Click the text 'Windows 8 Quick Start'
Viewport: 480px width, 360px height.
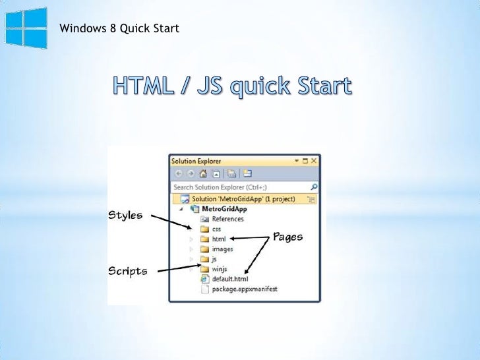(x=119, y=28)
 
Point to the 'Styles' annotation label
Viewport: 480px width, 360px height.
(x=125, y=216)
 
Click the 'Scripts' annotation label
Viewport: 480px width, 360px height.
(x=128, y=270)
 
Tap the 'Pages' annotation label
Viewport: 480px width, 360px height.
(x=287, y=236)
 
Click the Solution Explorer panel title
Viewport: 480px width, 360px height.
(x=196, y=160)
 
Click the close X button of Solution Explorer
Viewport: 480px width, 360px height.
(x=314, y=160)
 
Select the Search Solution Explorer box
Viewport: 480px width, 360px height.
(x=237, y=187)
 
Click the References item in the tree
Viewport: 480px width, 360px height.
(x=227, y=219)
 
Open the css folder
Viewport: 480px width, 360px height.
(x=216, y=229)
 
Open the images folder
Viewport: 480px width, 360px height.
(x=222, y=249)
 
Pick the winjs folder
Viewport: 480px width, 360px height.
(x=220, y=269)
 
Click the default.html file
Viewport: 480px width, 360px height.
(x=229, y=279)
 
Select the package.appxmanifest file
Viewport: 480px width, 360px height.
(x=245, y=289)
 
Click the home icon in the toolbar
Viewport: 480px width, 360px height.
(x=202, y=174)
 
